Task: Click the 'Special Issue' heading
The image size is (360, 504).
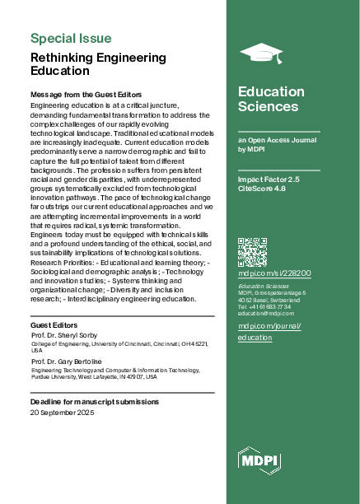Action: (x=71, y=38)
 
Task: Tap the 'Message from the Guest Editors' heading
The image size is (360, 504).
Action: (x=86, y=96)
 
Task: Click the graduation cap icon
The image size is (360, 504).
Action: (x=260, y=54)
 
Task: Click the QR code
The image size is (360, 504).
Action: (x=252, y=251)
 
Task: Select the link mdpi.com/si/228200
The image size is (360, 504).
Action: (x=274, y=272)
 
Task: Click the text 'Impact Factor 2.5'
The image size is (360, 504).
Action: (x=269, y=177)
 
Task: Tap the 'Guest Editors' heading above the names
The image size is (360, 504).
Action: (x=54, y=325)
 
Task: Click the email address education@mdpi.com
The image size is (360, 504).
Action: (x=266, y=314)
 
